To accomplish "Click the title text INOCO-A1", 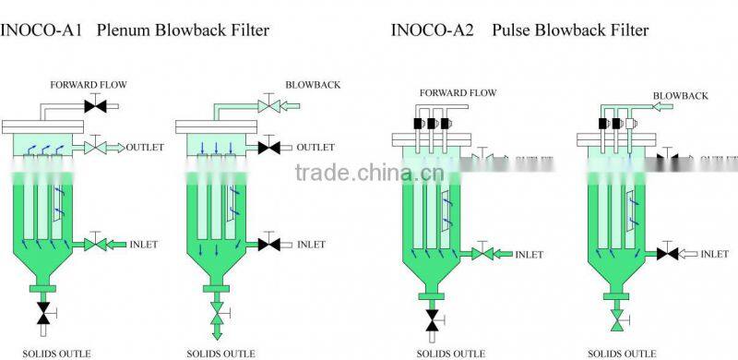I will (32, 30).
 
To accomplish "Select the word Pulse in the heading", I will (512, 30).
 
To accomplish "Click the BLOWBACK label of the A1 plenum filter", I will (314, 85).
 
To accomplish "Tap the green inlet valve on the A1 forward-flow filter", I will (96, 245).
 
